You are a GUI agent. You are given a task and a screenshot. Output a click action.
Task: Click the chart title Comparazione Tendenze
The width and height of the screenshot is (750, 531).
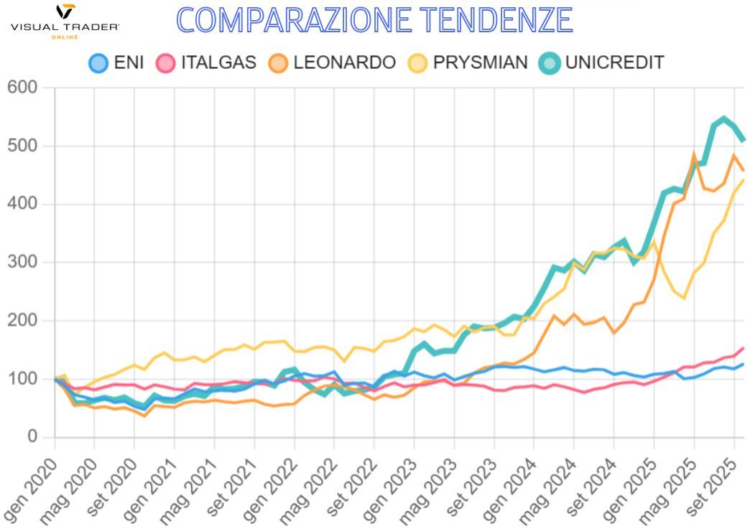374,20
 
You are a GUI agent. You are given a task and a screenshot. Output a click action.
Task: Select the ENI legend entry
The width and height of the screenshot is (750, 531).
116,62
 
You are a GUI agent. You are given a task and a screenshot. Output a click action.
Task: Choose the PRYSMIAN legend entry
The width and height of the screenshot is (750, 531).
468,62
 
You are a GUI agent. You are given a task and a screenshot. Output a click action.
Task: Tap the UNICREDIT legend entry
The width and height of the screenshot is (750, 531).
603,62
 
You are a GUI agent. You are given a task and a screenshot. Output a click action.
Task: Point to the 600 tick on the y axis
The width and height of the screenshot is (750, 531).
22,88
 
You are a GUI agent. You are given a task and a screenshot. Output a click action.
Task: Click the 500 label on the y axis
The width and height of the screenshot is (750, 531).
22,146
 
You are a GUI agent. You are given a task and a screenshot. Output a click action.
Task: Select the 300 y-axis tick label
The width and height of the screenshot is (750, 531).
22,262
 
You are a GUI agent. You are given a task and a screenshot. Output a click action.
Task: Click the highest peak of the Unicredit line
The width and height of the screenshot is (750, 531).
723,118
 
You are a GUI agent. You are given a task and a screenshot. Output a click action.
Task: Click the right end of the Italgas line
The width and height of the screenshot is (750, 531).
744,348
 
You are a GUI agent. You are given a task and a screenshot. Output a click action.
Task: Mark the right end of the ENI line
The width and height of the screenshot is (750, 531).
744,364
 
